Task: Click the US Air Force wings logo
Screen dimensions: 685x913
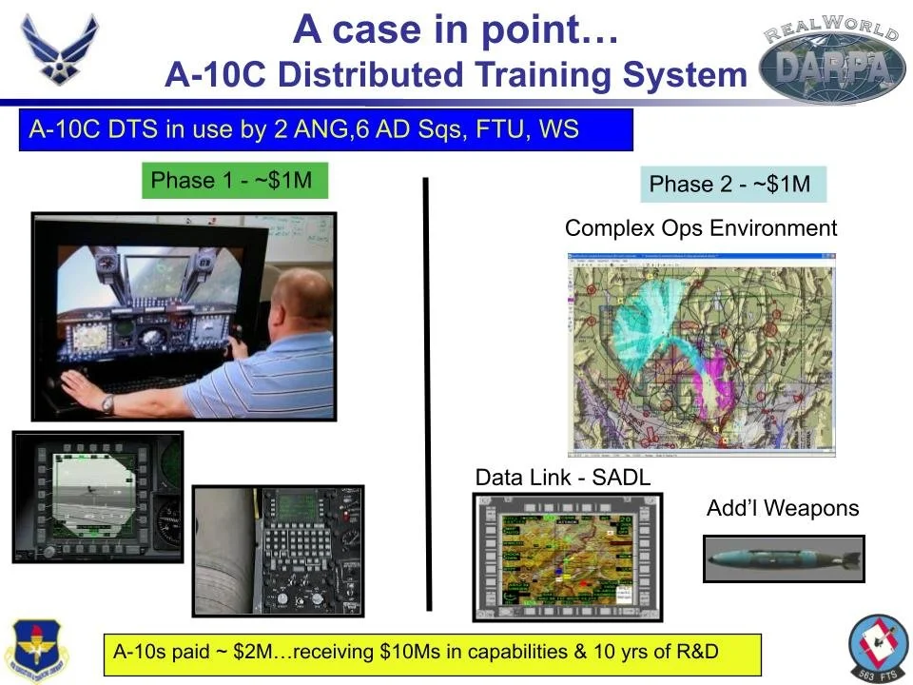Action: point(59,49)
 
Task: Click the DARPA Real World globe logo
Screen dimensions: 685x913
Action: point(833,61)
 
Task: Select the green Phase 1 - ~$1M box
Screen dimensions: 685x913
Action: point(233,181)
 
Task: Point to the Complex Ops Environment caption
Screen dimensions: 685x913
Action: point(701,228)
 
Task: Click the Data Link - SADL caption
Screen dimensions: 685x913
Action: point(563,478)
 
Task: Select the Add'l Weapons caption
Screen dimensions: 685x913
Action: point(782,508)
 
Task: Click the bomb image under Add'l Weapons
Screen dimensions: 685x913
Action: point(783,558)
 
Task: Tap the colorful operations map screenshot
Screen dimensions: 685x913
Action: point(700,352)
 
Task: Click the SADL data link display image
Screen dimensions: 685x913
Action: point(567,558)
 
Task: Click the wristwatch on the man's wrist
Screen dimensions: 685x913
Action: point(108,403)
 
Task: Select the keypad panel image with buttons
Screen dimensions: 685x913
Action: point(278,550)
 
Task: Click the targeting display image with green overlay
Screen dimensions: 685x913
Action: point(97,496)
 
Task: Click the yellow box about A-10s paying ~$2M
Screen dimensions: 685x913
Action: point(432,654)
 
